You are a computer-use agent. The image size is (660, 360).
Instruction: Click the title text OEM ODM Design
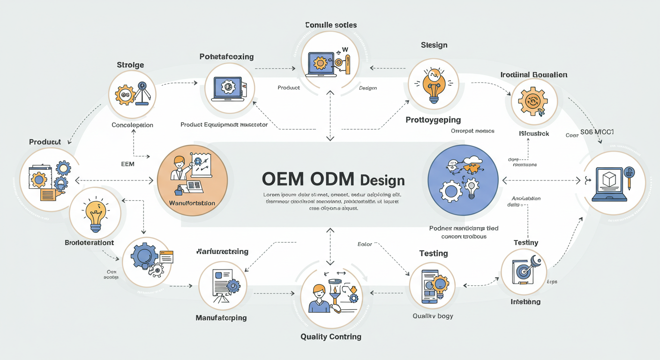[333, 180]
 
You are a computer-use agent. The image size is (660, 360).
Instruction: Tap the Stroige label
[130, 65]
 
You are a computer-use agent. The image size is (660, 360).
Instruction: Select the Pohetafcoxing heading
[226, 57]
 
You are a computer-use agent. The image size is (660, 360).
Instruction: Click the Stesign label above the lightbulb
[434, 45]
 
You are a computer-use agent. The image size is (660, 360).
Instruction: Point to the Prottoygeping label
[433, 120]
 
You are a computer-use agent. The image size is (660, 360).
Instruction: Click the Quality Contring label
[330, 337]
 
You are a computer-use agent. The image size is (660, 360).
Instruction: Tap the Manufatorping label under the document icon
[221, 318]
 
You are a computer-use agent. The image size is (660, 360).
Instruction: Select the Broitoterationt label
[89, 243]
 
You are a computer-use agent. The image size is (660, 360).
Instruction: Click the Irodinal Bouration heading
[533, 75]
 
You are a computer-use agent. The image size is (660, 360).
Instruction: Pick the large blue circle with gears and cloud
[462, 180]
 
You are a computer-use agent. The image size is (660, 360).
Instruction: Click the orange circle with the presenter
[192, 180]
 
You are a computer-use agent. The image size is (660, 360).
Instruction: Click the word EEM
[127, 164]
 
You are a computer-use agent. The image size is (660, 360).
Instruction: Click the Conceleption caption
[132, 125]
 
